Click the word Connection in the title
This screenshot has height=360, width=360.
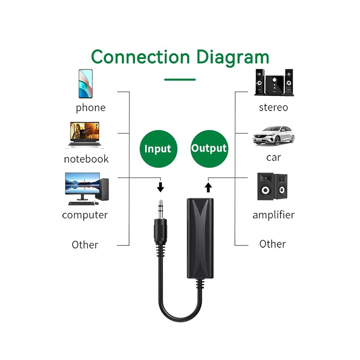click(140, 57)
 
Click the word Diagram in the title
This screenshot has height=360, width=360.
click(233, 58)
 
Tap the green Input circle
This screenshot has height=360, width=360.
click(159, 149)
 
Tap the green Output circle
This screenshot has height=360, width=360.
click(209, 149)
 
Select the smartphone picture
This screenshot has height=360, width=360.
click(86, 84)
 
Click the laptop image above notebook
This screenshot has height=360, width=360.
click(85, 135)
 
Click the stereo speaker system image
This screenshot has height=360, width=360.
click(274, 82)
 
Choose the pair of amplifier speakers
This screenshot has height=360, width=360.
click(272, 187)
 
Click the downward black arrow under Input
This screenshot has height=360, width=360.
click(160, 187)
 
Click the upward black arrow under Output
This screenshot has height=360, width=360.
click(208, 187)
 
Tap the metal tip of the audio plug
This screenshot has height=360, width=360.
click(160, 209)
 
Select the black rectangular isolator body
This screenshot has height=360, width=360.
click(200, 238)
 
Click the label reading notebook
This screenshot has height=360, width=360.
click(86, 159)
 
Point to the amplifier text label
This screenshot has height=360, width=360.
click(273, 215)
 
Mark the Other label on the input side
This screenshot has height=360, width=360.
click(85, 245)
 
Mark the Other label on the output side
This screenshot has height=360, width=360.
click(273, 244)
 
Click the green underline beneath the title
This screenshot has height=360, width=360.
click(180, 80)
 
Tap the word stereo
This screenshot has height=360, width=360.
click(273, 107)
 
